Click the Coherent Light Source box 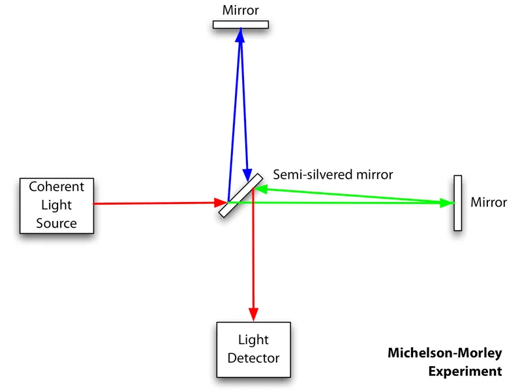(57, 205)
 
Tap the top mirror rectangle (241, 25)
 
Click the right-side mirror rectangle (457, 203)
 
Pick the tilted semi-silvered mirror (241, 194)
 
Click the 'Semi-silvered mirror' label (333, 175)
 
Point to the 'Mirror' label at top (241, 10)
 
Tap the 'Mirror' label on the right (488, 202)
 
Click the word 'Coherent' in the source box (57, 187)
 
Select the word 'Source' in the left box (57, 224)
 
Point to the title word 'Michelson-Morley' (445, 354)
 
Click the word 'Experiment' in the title (465, 371)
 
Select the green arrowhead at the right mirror (447, 203)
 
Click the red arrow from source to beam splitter (157, 203)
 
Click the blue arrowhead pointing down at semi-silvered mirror (247, 174)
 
